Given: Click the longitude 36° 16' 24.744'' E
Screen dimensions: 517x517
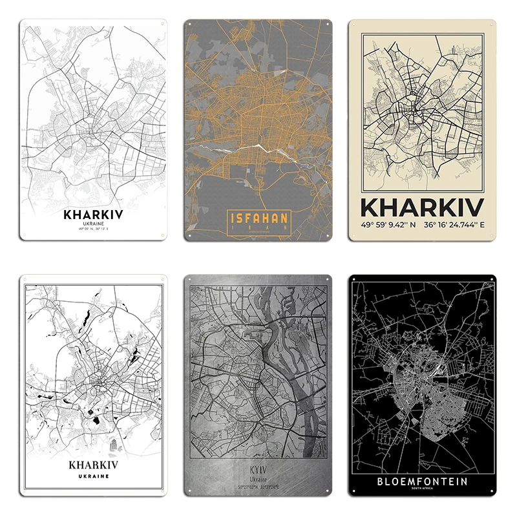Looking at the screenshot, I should click(x=454, y=226).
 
